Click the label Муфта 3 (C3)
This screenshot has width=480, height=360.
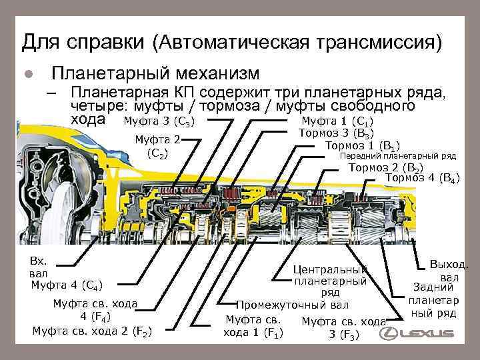(x=158, y=122)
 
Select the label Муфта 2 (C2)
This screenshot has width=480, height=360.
(x=157, y=146)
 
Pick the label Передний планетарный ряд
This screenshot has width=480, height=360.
(x=398, y=157)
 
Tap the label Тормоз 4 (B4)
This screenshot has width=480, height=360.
(x=422, y=178)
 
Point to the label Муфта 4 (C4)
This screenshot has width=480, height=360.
(x=67, y=286)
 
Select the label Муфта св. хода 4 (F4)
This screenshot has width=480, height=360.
(x=95, y=310)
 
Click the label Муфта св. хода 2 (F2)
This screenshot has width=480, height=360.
(x=91, y=330)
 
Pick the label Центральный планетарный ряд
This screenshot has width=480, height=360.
(x=330, y=281)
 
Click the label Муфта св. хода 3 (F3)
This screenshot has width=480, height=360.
(x=344, y=327)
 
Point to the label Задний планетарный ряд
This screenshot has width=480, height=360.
(x=433, y=300)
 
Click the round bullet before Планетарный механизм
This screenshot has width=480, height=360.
(x=28, y=73)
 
